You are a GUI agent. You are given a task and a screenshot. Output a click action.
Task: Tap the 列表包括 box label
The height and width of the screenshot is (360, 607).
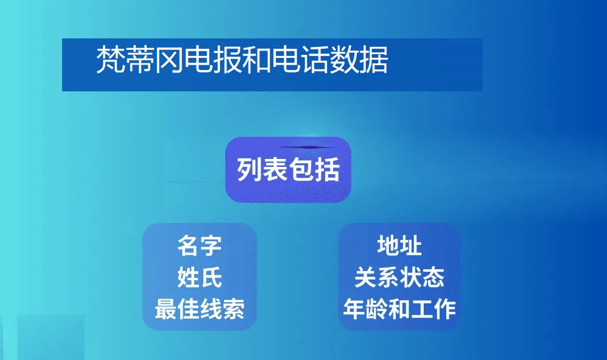[289, 169]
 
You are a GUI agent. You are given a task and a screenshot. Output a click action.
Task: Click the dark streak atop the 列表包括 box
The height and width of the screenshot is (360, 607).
[307, 147]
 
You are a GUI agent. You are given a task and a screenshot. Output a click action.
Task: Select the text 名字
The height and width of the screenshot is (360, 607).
[200, 245]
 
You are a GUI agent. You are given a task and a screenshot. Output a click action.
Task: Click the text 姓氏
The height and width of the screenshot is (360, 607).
[200, 277]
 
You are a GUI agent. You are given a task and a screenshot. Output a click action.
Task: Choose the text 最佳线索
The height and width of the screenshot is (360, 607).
[200, 309]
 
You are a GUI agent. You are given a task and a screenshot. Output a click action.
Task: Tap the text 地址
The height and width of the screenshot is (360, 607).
[399, 245]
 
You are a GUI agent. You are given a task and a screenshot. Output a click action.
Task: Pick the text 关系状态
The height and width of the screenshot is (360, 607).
[399, 277]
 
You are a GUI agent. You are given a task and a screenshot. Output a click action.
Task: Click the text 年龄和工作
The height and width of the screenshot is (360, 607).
[399, 309]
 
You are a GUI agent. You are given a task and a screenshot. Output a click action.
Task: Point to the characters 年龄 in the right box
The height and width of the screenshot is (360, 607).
[366, 309]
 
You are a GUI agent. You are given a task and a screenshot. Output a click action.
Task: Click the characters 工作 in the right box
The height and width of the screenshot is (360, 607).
[433, 309]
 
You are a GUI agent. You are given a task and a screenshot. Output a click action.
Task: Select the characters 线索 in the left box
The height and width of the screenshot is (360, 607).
[223, 309]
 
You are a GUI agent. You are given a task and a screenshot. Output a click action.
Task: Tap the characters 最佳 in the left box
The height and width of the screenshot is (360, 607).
[177, 309]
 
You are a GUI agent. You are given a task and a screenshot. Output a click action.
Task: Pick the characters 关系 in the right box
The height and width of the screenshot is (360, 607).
[377, 277]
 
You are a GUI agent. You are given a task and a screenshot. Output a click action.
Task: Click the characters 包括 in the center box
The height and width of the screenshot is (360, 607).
[314, 169]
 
